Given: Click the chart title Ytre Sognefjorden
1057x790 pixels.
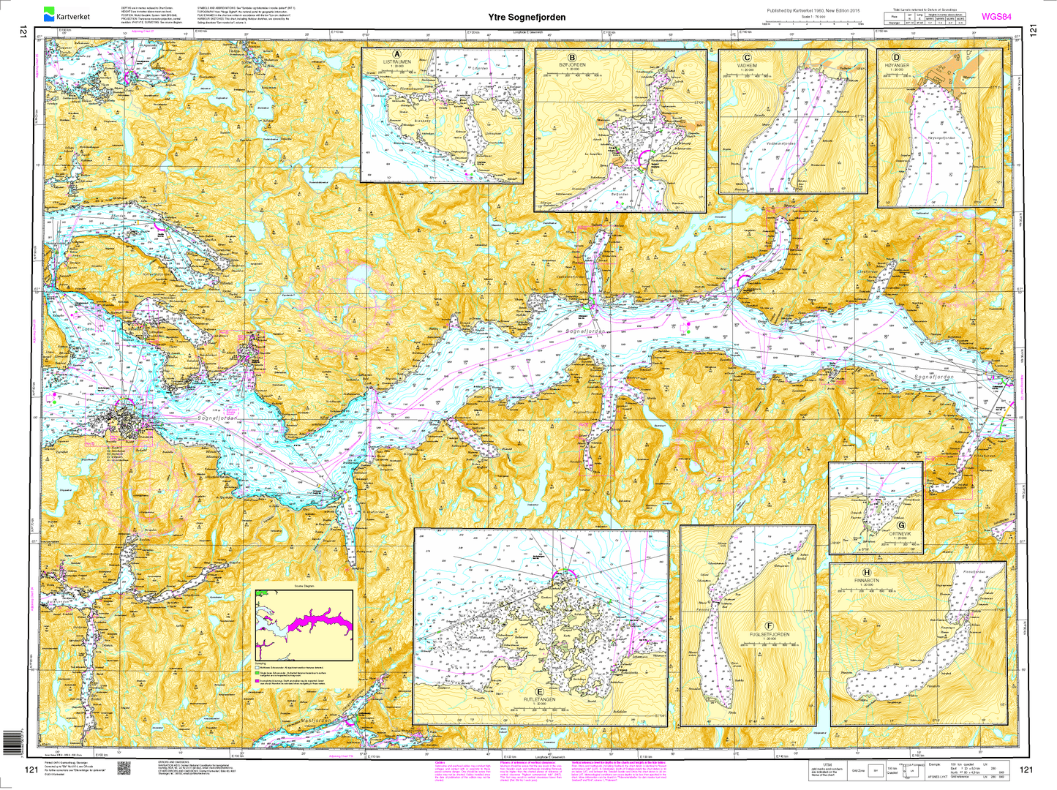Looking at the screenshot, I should pos(527,17).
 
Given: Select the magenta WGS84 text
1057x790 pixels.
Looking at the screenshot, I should pos(996,16).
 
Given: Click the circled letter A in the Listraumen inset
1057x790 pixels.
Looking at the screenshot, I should pos(397,55).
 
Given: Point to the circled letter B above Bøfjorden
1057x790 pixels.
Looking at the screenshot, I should pos(572,58).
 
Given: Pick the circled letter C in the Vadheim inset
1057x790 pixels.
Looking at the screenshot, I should pos(747,58).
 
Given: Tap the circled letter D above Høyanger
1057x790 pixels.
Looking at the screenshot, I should pos(896,57).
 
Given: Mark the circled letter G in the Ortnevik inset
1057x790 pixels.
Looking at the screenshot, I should pos(901,525).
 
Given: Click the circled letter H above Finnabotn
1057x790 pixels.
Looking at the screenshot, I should pos(867,573).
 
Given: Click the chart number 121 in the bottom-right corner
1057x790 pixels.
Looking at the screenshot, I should pos(1026,770).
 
